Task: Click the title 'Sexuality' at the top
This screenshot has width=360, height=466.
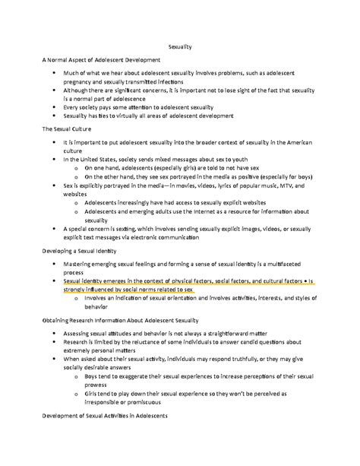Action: (180, 46)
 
